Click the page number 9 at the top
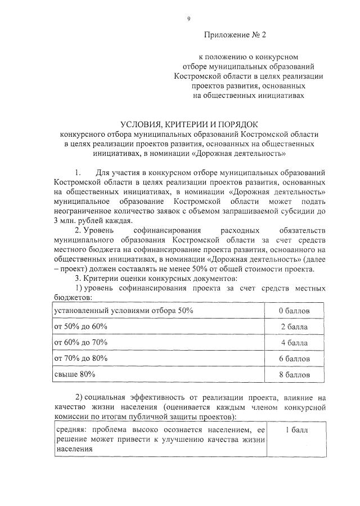[189, 19]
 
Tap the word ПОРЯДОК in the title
[236, 124]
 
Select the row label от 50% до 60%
[81, 326]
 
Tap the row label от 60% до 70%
[81, 342]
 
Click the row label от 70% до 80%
[81, 358]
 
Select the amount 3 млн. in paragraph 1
[68, 221]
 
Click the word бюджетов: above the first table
[73, 298]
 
